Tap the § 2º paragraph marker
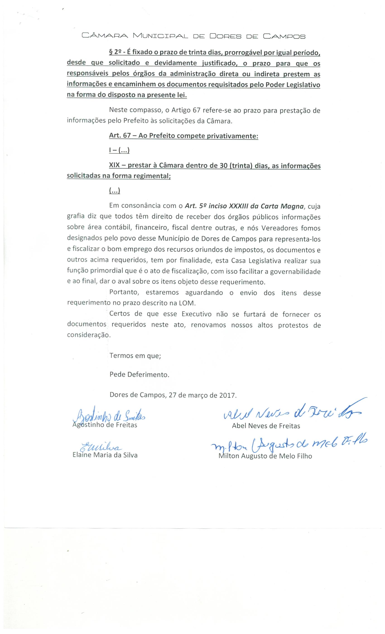point(114,53)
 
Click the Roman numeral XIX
point(114,165)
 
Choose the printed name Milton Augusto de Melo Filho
point(265,456)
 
